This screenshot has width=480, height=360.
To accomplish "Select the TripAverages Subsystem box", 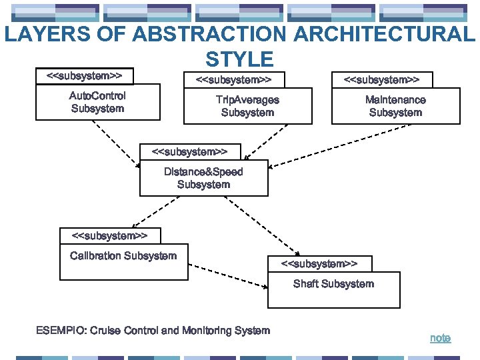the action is coord(247,106).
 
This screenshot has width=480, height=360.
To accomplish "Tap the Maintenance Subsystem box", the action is coord(395,107).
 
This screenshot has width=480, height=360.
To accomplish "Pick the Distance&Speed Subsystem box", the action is coord(203,178).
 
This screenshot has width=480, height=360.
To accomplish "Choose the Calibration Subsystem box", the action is coord(123,263).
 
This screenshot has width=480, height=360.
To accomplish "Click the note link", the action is coord(440,338).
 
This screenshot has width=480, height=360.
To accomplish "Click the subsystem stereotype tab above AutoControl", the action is coord(84,76).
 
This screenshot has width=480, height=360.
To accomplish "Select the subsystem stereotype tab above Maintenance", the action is coord(381,80).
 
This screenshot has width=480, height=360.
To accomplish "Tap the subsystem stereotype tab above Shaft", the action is coord(319,264).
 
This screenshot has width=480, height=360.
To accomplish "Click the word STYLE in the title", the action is coord(239,59).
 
